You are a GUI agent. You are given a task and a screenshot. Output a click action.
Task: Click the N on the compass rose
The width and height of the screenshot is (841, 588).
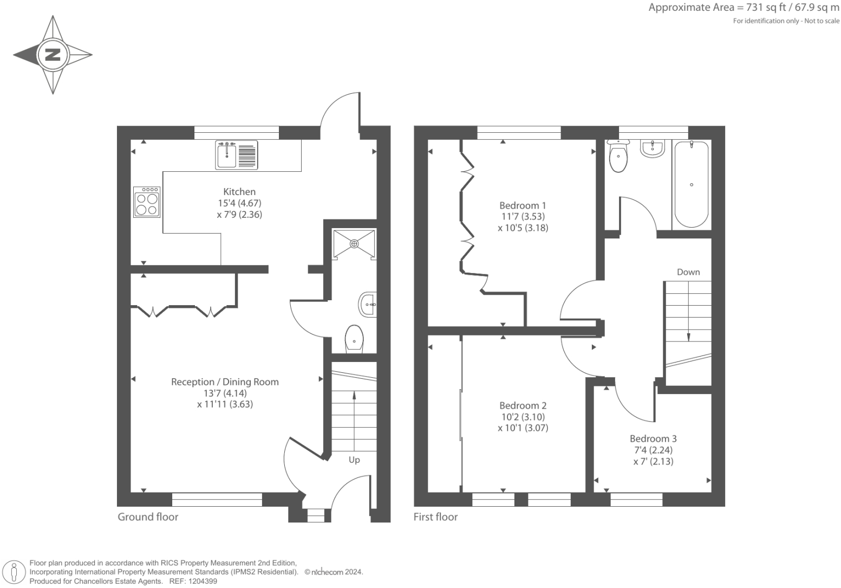tap(53, 54)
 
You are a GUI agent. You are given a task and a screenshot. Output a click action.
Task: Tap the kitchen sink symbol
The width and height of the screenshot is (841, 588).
tap(236, 155)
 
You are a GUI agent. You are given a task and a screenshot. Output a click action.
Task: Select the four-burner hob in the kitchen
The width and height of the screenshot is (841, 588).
tap(147, 203)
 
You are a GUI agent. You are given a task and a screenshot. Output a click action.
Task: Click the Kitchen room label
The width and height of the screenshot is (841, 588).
tap(239, 192)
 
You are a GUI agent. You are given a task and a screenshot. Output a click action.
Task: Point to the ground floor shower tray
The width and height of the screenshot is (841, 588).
tap(354, 244)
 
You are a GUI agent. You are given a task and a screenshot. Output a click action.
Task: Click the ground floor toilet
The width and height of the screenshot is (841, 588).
tap(354, 339)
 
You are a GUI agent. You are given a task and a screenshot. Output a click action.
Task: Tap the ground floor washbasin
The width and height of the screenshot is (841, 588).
tap(368, 304)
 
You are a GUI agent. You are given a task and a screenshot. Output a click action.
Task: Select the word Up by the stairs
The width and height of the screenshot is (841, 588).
tap(354, 460)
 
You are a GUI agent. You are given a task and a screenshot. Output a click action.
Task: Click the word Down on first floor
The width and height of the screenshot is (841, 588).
tap(688, 272)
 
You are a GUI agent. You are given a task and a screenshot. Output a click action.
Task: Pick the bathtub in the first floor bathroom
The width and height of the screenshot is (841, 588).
tap(691, 184)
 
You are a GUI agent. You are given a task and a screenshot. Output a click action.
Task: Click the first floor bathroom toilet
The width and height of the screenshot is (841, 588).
tap(618, 156)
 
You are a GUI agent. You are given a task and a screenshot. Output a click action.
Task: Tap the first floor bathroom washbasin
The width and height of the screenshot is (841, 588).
tap(653, 148)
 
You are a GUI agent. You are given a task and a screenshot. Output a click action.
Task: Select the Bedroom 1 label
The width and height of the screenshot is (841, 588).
tap(523, 205)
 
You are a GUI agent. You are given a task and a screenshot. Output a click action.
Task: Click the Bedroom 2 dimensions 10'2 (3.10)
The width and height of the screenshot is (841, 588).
tap(523, 417)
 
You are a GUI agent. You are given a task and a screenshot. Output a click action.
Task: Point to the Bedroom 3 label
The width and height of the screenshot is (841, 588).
tap(653, 438)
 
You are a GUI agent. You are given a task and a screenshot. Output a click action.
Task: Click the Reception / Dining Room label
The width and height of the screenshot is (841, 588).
tap(225, 382)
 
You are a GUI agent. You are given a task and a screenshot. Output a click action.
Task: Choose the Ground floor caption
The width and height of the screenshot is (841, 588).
tap(148, 517)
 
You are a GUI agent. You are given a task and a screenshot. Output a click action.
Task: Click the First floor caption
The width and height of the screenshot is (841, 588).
tap(435, 517)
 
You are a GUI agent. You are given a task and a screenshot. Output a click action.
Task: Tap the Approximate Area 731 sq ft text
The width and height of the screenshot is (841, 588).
tap(744, 8)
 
